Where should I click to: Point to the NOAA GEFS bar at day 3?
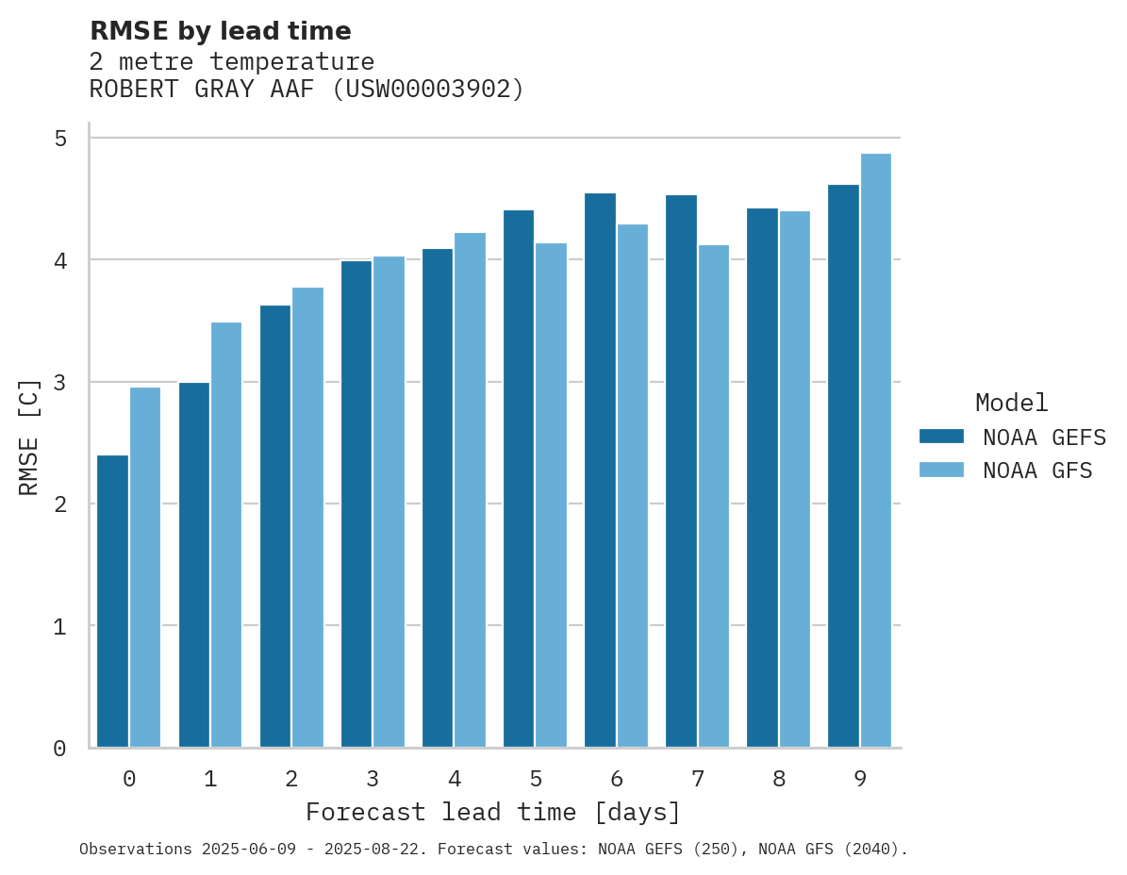click(x=356, y=504)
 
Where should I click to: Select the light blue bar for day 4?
click(x=470, y=490)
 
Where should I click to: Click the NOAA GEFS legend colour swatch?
click(x=941, y=437)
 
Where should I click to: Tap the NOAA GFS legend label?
click(x=1037, y=471)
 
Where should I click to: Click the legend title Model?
click(x=1011, y=404)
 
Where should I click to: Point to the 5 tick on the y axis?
click(x=60, y=139)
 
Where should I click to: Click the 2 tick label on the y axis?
click(x=60, y=504)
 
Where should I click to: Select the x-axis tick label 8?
click(x=779, y=779)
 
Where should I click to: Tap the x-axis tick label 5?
click(x=536, y=779)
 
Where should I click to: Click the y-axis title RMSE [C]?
click(x=30, y=437)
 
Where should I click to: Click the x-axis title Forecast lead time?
click(x=492, y=812)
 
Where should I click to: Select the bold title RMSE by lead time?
click(x=220, y=31)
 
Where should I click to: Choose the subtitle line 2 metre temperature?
click(x=231, y=62)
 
